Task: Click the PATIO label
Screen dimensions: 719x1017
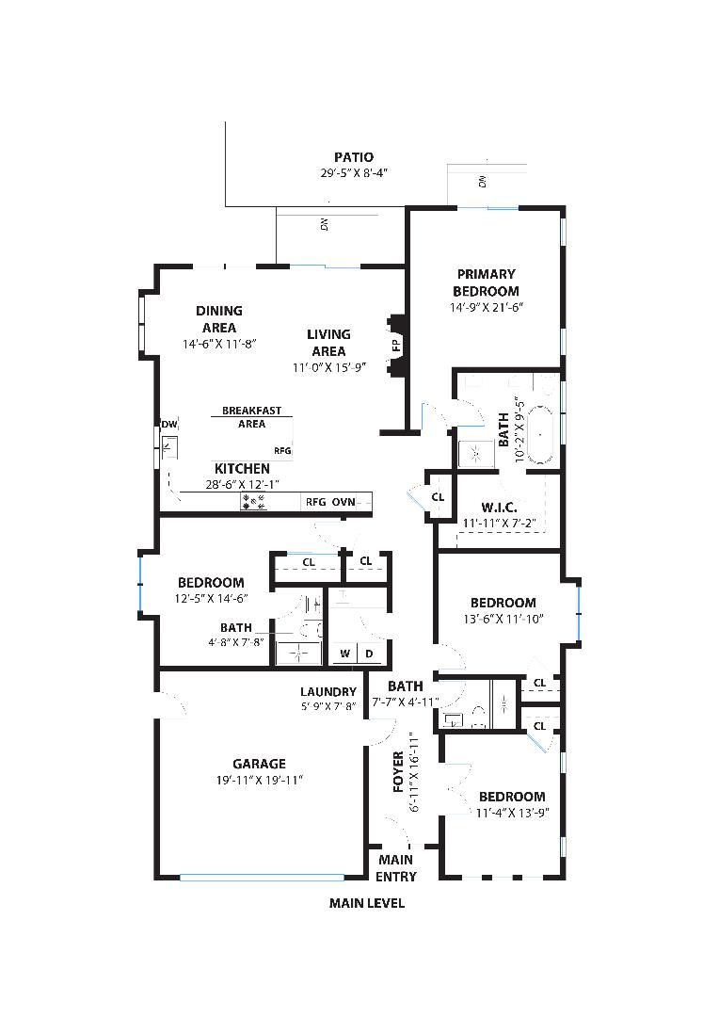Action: point(354,157)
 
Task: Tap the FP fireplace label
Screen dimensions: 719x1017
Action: point(396,346)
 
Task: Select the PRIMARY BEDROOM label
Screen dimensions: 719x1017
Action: point(486,282)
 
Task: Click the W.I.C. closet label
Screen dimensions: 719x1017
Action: point(499,508)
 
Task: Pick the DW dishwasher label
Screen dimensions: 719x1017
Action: point(169,425)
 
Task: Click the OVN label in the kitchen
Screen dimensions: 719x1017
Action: point(344,502)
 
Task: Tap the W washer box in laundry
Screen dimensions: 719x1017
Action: point(344,654)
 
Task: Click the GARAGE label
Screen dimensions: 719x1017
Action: point(260,764)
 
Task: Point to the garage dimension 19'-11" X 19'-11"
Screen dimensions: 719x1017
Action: point(260,781)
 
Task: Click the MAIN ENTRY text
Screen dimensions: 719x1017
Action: point(395,868)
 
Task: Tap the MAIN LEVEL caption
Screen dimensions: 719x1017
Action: point(367,903)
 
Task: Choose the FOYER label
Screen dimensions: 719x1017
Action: point(399,772)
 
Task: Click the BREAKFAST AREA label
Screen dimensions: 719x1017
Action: point(251,417)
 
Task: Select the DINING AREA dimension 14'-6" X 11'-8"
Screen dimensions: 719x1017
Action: point(220,344)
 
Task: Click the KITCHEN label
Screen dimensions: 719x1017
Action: point(242,468)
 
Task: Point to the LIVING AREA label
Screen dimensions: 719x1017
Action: point(328,343)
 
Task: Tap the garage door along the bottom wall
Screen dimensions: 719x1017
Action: point(262,878)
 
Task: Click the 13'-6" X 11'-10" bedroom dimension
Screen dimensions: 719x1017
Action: point(503,619)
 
